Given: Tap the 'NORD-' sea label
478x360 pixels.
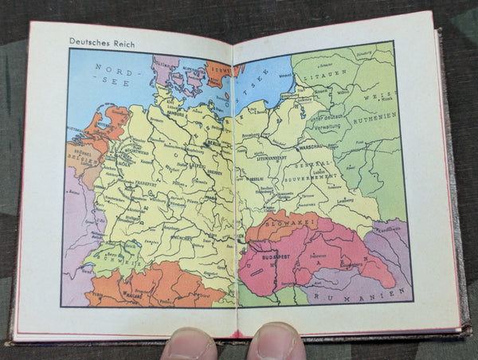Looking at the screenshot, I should pyautogui.click(x=110, y=68).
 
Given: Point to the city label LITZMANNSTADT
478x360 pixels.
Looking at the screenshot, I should pyautogui.click(x=274, y=159).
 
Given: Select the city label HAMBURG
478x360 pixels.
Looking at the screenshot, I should pyautogui.click(x=169, y=114).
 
